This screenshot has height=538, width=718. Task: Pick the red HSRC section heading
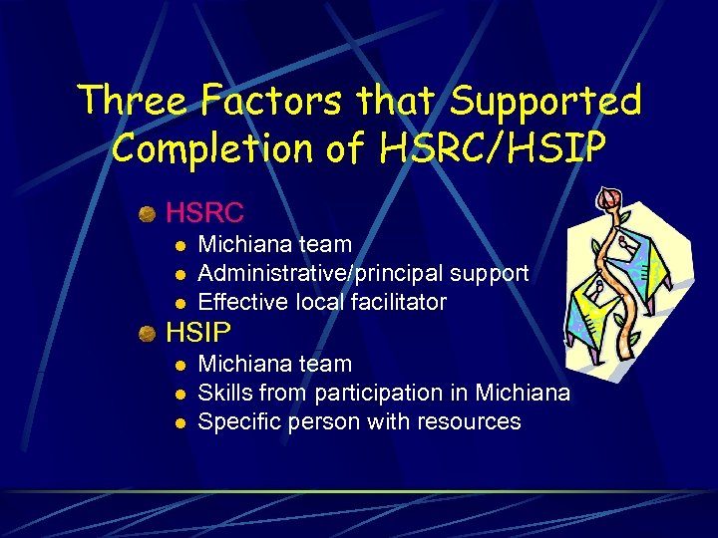(x=204, y=212)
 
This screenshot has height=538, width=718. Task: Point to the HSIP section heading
(x=198, y=332)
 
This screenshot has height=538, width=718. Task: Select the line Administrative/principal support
(x=363, y=273)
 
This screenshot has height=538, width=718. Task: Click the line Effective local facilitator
(x=322, y=302)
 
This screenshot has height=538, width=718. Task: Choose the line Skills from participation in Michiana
(x=384, y=393)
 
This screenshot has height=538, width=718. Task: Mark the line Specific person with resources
(x=359, y=421)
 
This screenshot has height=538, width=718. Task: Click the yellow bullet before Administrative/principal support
(x=179, y=273)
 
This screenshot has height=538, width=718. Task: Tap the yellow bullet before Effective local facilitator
(x=179, y=302)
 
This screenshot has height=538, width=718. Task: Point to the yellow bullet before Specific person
(x=179, y=422)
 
